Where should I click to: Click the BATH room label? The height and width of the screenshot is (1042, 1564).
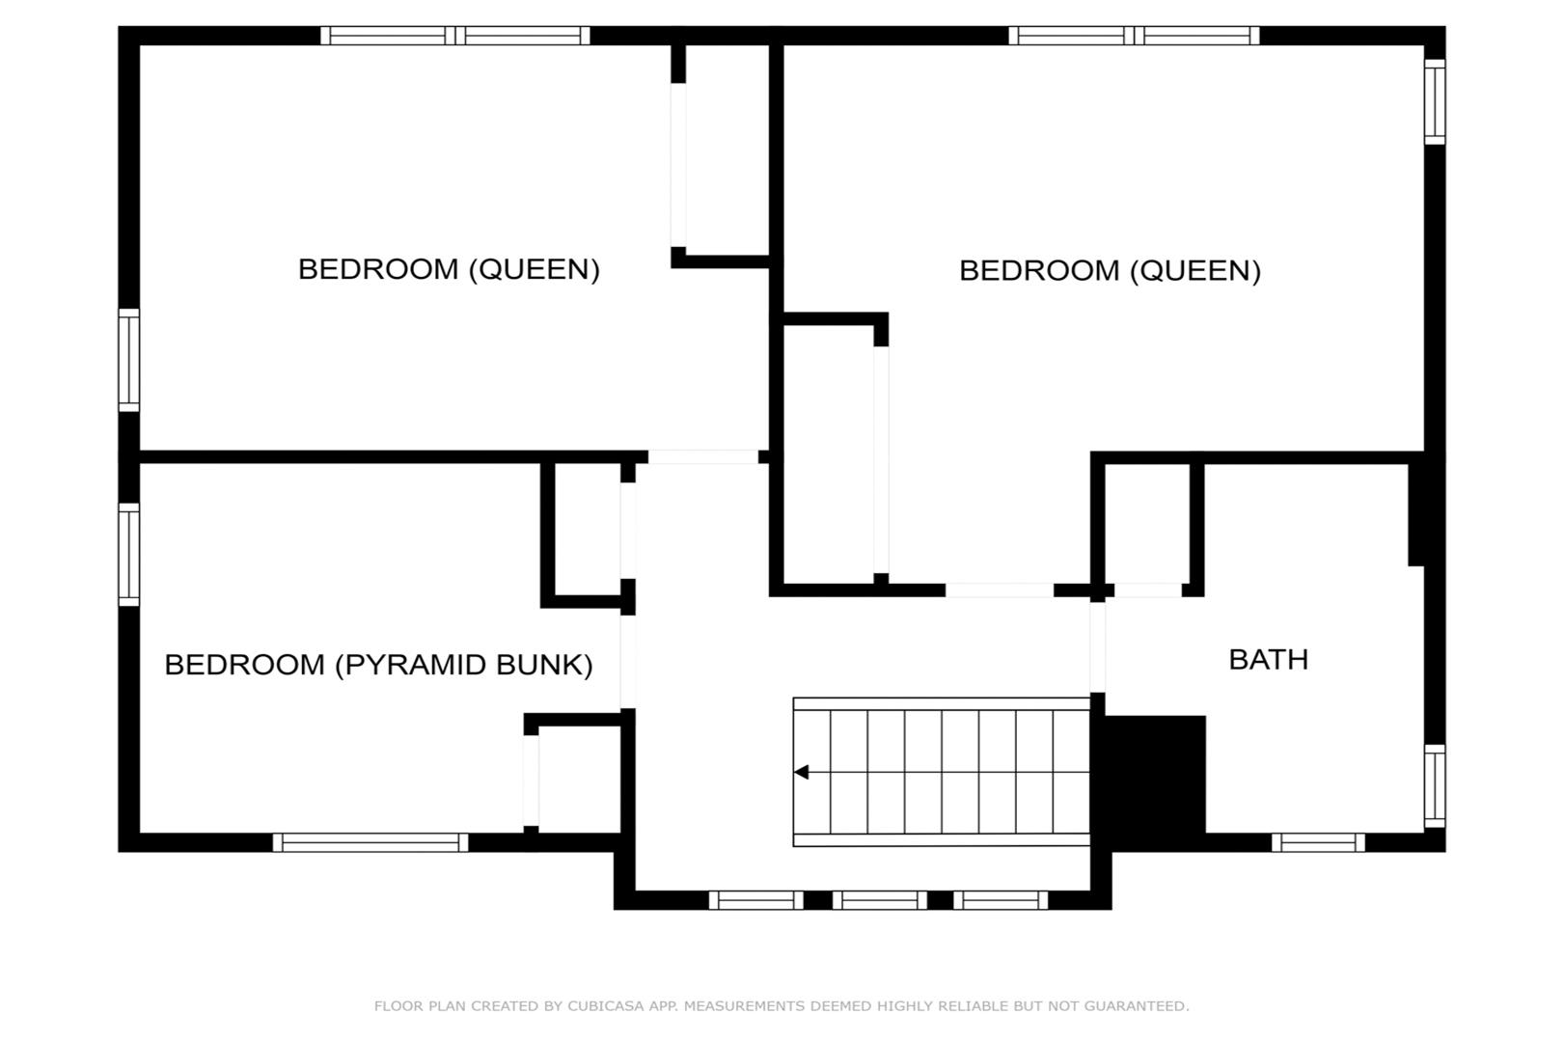(x=1268, y=659)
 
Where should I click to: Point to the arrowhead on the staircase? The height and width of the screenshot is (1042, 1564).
(x=801, y=772)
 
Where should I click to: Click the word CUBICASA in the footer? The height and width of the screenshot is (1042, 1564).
(x=606, y=1005)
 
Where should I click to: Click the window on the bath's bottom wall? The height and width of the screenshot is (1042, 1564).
(x=1318, y=842)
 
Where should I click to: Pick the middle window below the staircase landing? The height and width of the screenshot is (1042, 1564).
(x=879, y=900)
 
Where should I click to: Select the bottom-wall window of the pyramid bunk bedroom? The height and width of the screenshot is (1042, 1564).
(x=370, y=842)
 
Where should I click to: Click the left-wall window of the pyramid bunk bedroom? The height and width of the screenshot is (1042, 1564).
(x=129, y=555)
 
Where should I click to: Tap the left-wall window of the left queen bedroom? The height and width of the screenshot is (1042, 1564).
(x=129, y=360)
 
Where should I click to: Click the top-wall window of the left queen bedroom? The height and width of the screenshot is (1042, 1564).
(x=455, y=36)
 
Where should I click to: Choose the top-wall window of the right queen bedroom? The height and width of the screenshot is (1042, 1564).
(x=1134, y=36)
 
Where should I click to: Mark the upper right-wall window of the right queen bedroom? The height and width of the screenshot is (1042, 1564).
(x=1435, y=102)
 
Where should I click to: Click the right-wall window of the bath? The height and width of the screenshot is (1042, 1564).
(x=1435, y=785)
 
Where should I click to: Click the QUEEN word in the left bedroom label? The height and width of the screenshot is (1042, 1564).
(x=535, y=269)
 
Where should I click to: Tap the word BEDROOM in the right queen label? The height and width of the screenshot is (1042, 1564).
(x=1040, y=270)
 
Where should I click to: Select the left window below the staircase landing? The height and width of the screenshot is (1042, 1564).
(x=756, y=900)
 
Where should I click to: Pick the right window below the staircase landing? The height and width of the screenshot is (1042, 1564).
(x=1001, y=900)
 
